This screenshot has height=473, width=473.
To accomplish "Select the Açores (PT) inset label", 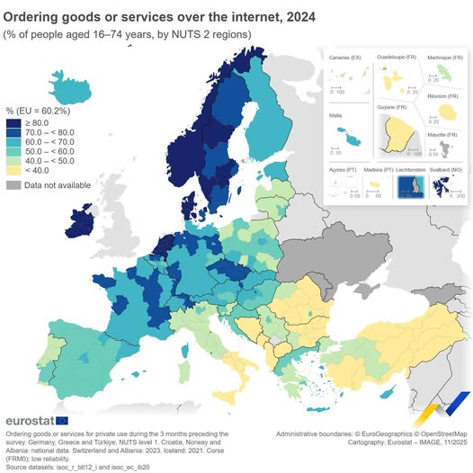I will coord(342,169).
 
